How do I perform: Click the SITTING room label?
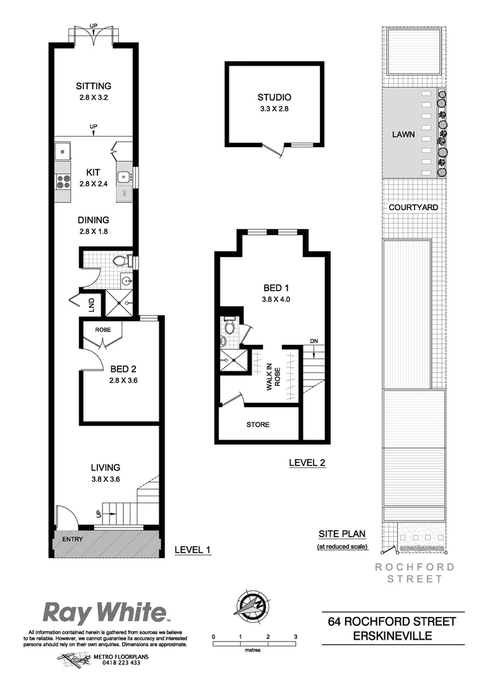(94, 87)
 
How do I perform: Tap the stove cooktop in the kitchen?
(64, 182)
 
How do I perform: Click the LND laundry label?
(92, 306)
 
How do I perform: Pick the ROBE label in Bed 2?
(102, 330)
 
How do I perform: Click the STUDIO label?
(274, 97)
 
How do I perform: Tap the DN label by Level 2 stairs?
(314, 342)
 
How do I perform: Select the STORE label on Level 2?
(257, 424)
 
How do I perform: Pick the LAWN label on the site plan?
(403, 135)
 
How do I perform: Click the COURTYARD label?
(413, 207)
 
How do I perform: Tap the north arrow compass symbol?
(251, 604)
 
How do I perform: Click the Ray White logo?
(105, 613)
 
